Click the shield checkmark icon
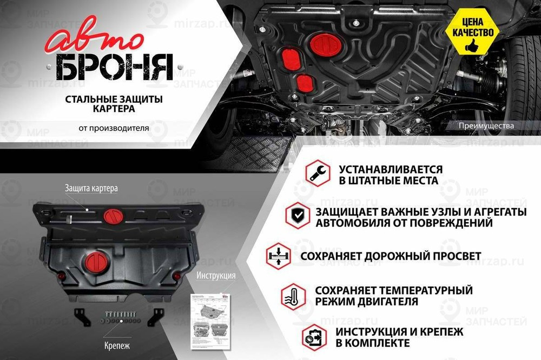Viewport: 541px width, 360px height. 298,215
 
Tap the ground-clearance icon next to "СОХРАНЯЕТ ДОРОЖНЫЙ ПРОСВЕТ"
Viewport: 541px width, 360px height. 278,255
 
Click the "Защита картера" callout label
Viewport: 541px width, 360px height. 91,188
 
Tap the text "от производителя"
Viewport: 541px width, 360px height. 113,128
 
